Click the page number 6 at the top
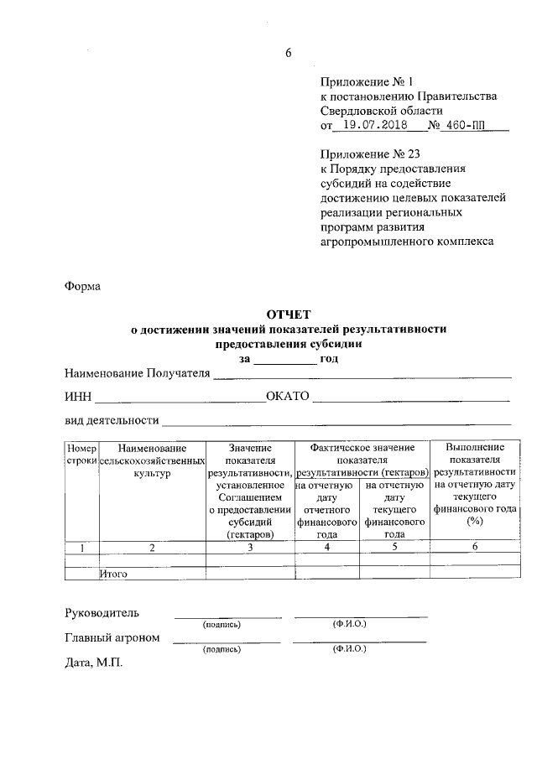tap(288, 53)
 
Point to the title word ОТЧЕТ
tap(288, 315)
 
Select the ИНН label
tap(78, 397)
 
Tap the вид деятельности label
tap(112, 420)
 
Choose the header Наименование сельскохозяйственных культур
tap(152, 461)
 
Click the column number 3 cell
tap(250, 548)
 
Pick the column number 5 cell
tap(394, 548)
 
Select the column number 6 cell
tap(474, 548)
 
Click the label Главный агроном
tap(112, 637)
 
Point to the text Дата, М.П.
tap(93, 663)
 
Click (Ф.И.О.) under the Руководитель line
tap(349, 625)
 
